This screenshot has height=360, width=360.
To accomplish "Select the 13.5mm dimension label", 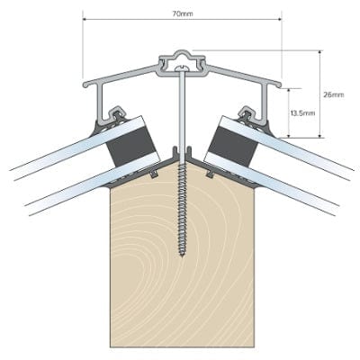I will point(302,112).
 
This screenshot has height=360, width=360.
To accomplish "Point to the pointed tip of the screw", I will point(182,256).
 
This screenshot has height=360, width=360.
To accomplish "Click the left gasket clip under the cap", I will point(118,114).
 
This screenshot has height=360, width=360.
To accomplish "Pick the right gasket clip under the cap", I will point(245,114).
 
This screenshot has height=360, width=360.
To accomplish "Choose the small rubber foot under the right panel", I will point(209,168).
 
